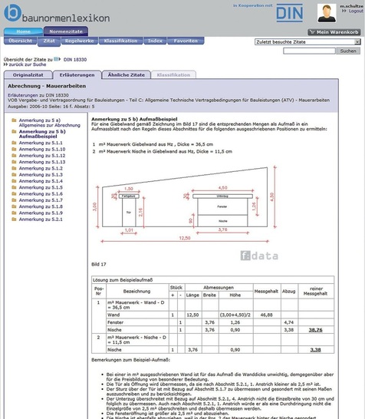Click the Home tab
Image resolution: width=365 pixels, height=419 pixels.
pyautogui.click(x=23, y=31)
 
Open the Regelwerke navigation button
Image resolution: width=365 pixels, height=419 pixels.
pyautogui.click(x=80, y=40)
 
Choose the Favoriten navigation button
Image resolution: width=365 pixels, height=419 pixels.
pyautogui.click(x=186, y=40)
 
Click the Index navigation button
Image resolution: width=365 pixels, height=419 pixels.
pyautogui.click(x=156, y=40)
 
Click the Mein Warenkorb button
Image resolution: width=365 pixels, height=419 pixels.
pyautogui.click(x=334, y=31)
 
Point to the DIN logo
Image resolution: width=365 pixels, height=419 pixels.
pyautogui.click(x=288, y=13)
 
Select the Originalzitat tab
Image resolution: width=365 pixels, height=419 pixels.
pyautogui.click(x=28, y=74)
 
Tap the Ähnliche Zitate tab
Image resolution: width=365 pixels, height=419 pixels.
pyautogui.click(x=127, y=74)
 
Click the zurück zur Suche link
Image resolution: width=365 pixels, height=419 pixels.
pyautogui.click(x=27, y=64)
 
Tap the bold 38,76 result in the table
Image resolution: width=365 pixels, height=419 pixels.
pyautogui.click(x=315, y=329)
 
